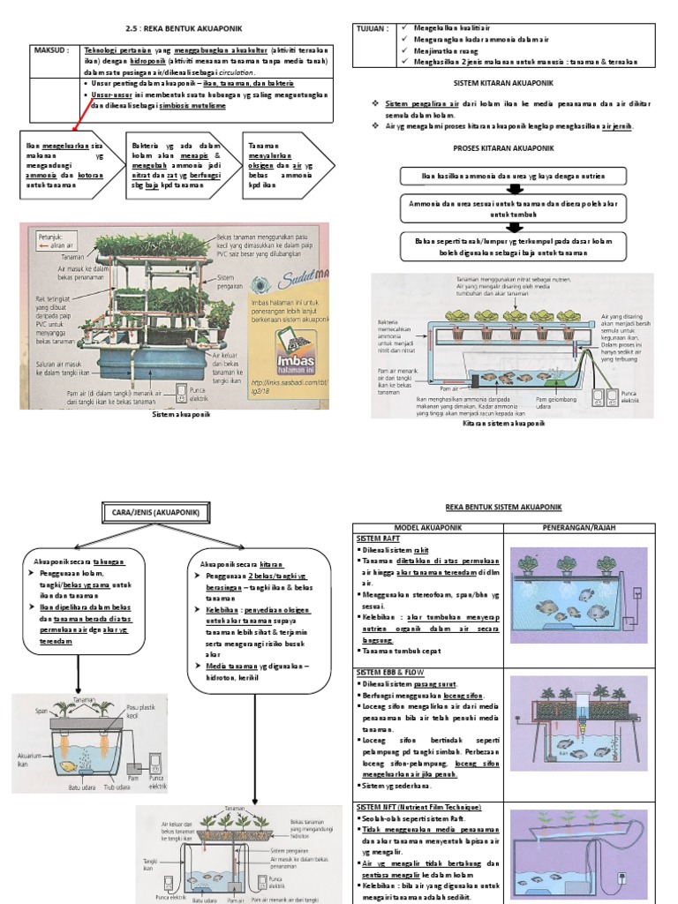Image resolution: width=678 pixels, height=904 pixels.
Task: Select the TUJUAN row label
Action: point(372,28)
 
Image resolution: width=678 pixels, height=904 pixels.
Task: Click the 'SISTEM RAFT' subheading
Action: point(379,538)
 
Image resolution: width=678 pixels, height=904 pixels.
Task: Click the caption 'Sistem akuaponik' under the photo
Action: point(182,412)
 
